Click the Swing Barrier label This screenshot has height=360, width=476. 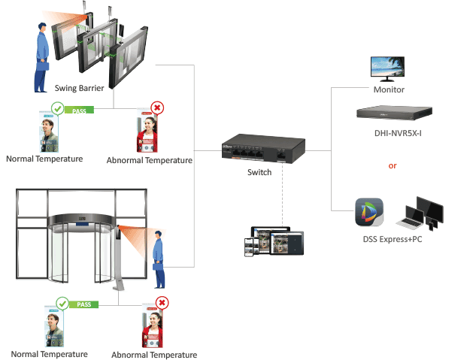[79, 89]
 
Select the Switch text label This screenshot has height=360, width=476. [259, 173]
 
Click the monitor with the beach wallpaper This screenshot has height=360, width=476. [389, 68]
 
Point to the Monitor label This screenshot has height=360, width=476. [389, 90]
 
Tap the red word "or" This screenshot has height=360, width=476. [393, 165]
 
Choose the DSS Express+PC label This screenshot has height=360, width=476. [396, 240]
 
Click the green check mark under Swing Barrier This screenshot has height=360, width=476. [56, 110]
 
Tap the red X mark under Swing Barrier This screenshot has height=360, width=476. [157, 108]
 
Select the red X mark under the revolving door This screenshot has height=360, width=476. [161, 303]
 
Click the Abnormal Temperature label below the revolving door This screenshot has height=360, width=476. [154, 355]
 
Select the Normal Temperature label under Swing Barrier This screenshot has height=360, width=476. [44, 159]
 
